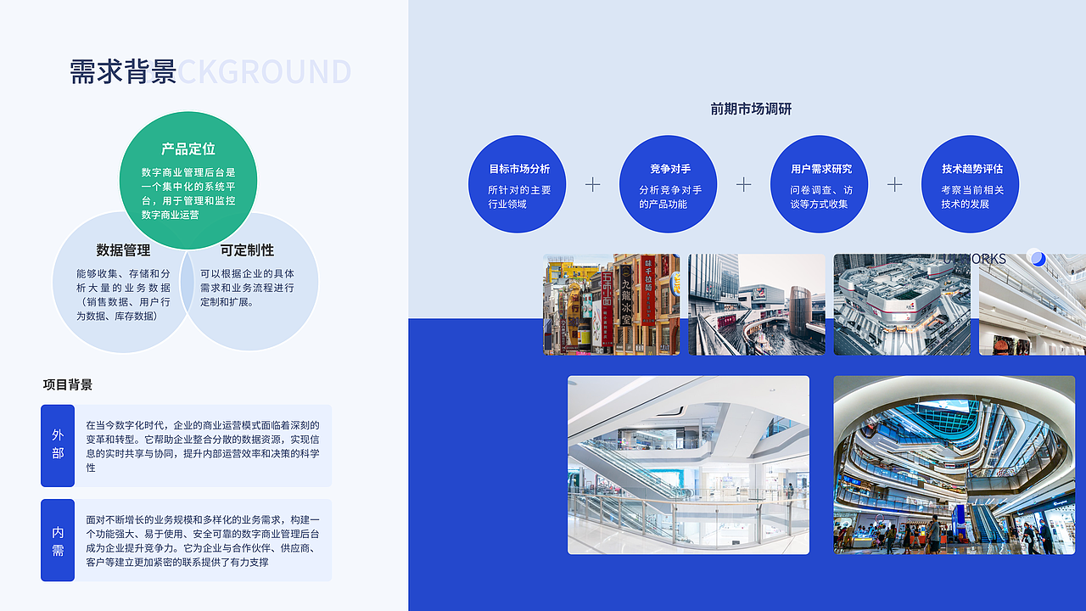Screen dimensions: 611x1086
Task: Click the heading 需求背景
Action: click(123, 72)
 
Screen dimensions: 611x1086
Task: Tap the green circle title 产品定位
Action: click(188, 149)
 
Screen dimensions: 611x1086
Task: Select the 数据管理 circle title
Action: click(123, 250)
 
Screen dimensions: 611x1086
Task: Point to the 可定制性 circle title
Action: click(247, 250)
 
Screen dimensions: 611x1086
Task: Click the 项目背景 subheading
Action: click(68, 384)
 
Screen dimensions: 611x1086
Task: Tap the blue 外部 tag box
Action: click(58, 445)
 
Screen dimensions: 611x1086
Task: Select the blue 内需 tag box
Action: click(58, 541)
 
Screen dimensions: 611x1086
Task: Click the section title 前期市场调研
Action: click(751, 109)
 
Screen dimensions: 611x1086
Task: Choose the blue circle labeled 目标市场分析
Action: click(517, 184)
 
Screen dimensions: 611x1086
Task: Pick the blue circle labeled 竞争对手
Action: click(669, 184)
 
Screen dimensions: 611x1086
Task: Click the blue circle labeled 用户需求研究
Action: click(819, 184)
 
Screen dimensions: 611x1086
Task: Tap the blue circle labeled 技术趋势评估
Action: click(970, 184)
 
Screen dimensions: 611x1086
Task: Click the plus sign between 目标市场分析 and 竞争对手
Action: click(592, 184)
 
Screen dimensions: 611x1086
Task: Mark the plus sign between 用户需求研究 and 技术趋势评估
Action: click(894, 184)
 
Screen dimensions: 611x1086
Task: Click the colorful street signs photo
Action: click(611, 304)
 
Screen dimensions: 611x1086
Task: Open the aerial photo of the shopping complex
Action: click(901, 304)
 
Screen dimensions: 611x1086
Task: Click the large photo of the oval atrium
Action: click(954, 465)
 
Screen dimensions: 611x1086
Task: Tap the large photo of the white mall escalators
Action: click(688, 465)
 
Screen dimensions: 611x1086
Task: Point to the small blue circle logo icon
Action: click(1037, 258)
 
